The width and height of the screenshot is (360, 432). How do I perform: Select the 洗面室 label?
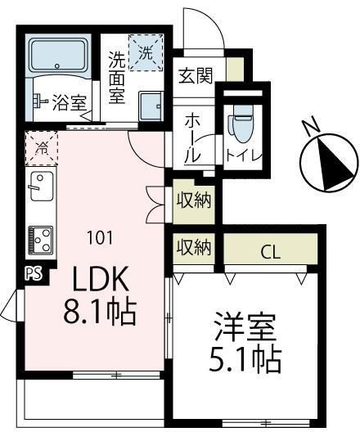(x=118, y=77)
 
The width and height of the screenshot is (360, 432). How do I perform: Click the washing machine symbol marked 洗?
(x=146, y=54)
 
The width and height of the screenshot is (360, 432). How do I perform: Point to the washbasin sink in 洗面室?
(x=151, y=106)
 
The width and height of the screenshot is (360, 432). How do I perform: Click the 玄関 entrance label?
(x=196, y=76)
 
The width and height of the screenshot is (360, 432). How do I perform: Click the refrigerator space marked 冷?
(x=41, y=148)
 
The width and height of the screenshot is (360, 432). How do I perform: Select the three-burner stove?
(x=40, y=239)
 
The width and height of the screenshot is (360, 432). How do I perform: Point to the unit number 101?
(x=101, y=239)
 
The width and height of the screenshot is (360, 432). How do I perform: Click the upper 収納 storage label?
(x=195, y=200)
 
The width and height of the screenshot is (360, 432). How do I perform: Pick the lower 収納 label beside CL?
(x=193, y=246)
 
